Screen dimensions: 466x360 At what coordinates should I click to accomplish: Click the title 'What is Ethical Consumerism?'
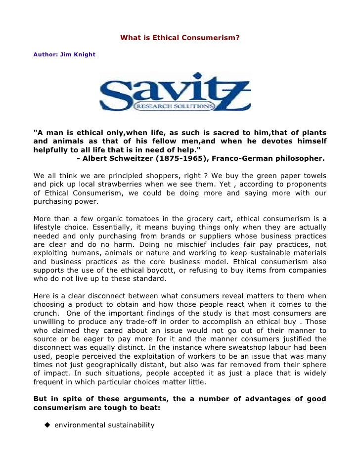[x=180, y=37]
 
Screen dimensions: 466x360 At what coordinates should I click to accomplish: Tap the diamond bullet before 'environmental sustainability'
[x=47, y=425]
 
